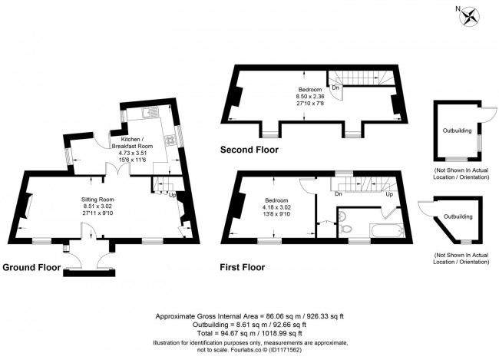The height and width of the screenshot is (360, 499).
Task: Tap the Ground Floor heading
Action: (31, 267)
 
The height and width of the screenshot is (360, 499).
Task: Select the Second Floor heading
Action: (249, 150)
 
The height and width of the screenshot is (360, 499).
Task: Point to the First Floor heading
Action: (242, 267)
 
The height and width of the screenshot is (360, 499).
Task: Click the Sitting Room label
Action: (97, 200)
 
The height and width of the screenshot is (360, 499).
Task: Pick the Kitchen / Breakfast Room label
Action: (132, 143)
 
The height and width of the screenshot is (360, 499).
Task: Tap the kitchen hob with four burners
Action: (170, 140)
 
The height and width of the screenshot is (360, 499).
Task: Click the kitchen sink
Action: (150, 112)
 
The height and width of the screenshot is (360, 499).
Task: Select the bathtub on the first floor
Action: (387, 230)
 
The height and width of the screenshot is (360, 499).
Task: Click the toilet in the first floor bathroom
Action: (345, 228)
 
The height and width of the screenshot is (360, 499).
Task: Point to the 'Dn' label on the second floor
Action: (335, 88)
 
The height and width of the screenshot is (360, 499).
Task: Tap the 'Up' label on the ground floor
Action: (173, 194)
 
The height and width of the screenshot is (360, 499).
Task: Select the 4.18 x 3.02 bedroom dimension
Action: (277, 207)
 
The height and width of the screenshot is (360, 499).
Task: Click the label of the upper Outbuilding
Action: (458, 130)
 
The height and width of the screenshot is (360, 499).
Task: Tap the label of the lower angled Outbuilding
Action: (458, 216)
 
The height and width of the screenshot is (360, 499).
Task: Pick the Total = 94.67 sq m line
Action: (249, 333)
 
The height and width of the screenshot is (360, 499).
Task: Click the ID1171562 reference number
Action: (285, 350)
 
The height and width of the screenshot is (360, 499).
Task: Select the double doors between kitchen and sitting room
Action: (117, 169)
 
